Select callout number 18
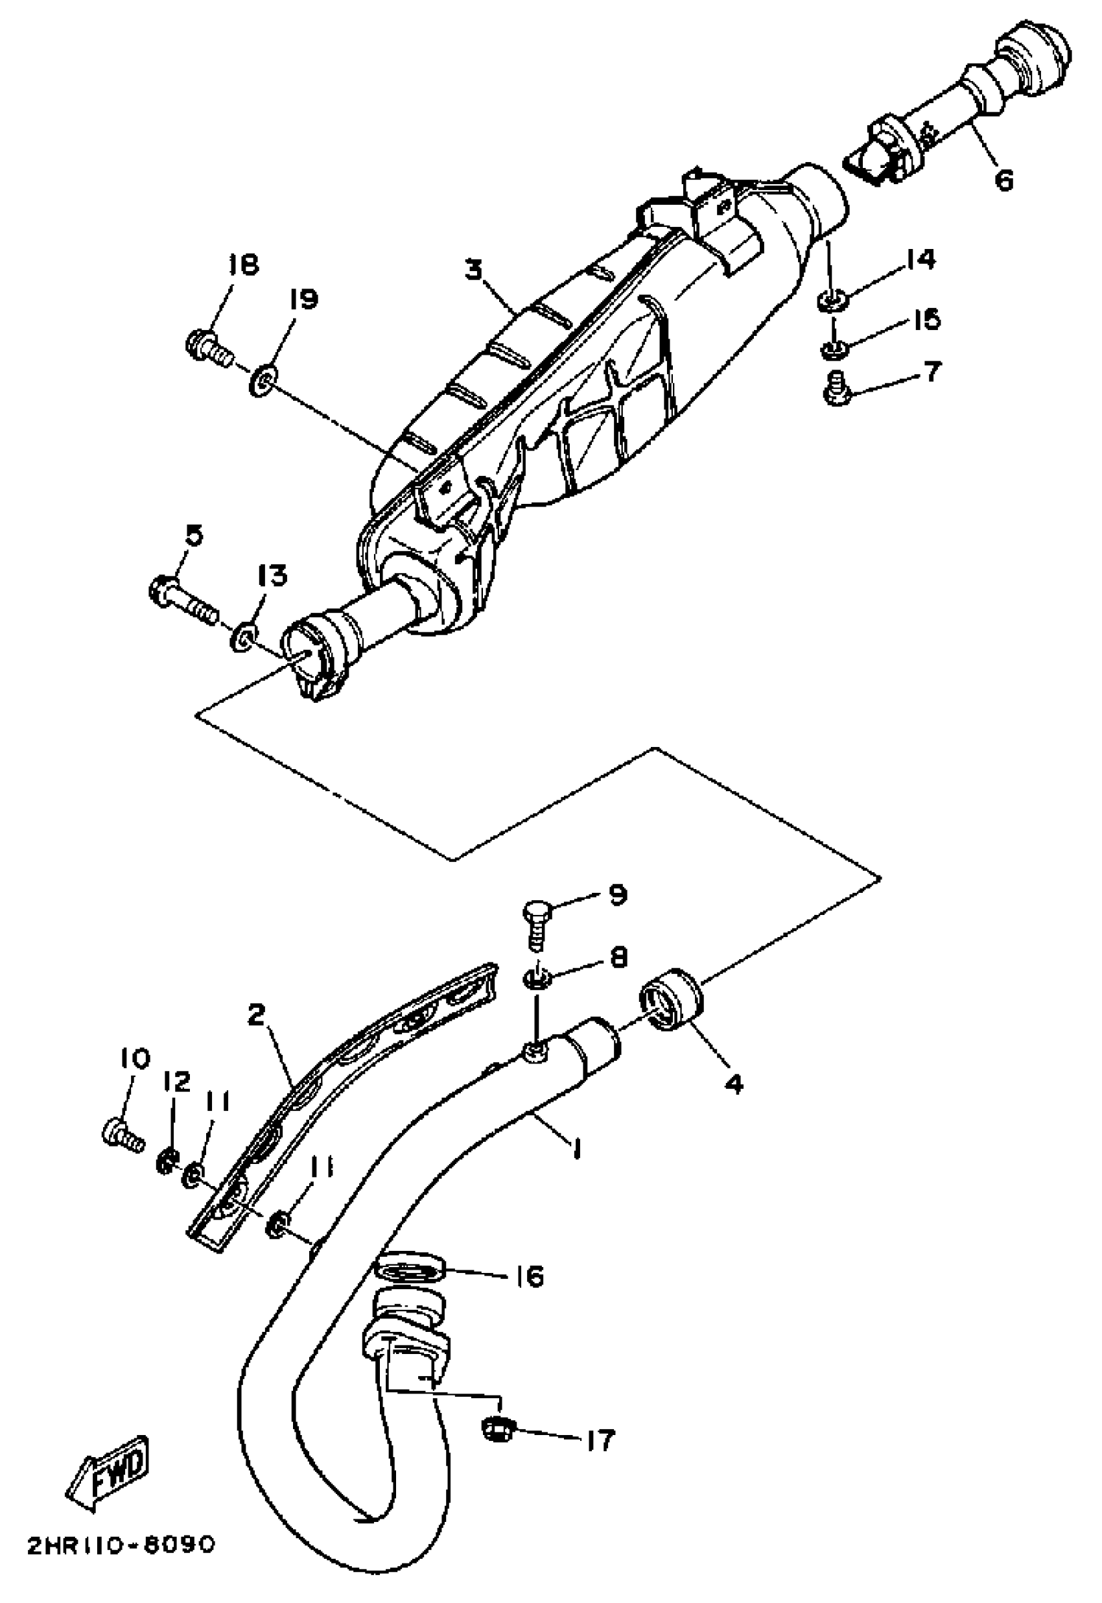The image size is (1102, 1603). pyautogui.click(x=243, y=265)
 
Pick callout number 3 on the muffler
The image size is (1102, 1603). pyautogui.click(x=473, y=270)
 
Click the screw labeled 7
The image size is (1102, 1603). pyautogui.click(x=837, y=390)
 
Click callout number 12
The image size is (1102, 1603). pyautogui.click(x=177, y=1082)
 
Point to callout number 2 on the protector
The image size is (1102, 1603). pyautogui.click(x=257, y=1015)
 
